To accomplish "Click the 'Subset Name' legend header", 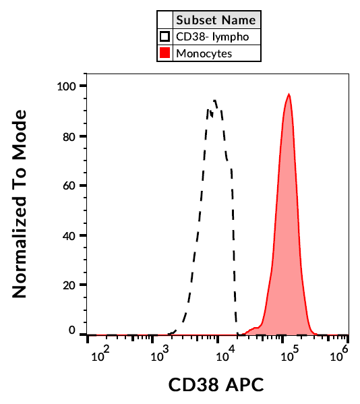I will click(x=215, y=20).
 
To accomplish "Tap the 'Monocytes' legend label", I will click(x=204, y=53).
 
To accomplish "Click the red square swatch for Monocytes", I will click(x=164, y=53).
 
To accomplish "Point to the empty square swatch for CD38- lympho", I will click(x=164, y=36).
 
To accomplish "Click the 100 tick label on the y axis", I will click(x=68, y=86).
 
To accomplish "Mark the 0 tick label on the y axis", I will click(x=74, y=331).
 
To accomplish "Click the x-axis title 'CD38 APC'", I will click(x=216, y=385).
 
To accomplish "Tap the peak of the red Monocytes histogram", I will click(x=289, y=94).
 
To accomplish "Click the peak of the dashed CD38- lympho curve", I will click(x=215, y=100).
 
